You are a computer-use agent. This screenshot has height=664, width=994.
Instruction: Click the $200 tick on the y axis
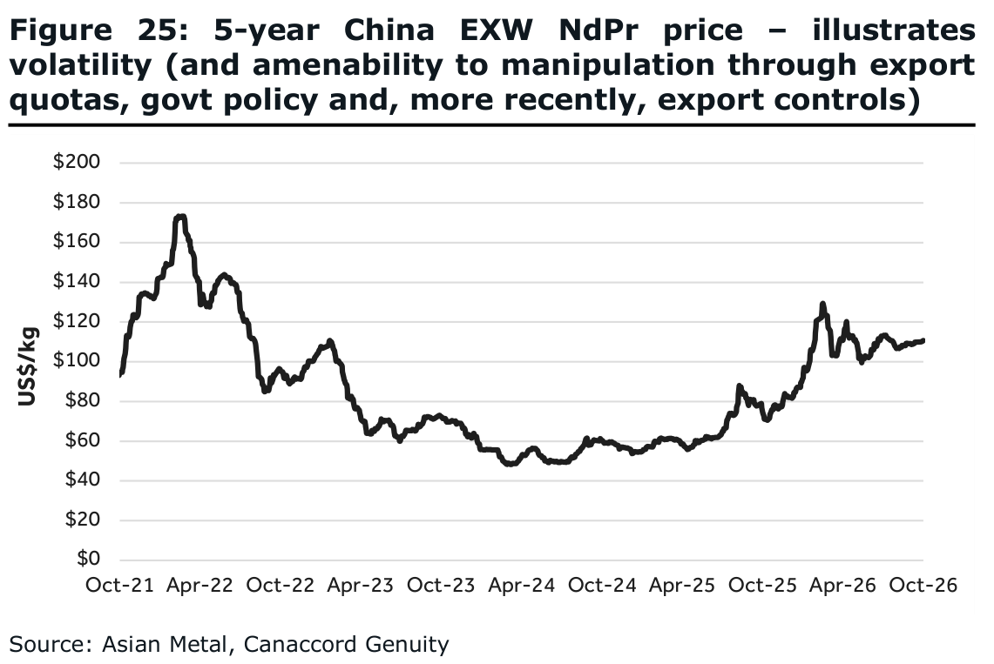click(77, 161)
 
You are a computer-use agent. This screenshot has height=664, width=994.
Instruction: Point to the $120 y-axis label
click(77, 320)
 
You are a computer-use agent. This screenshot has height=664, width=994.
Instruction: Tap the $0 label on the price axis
click(89, 559)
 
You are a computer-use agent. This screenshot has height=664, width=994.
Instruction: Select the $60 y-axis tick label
click(83, 439)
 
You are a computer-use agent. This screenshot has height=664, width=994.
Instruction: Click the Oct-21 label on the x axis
click(120, 585)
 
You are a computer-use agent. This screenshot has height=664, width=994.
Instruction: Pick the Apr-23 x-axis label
click(360, 585)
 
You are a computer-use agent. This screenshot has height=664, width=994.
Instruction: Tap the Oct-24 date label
click(602, 585)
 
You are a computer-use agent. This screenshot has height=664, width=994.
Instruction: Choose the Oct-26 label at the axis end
click(923, 585)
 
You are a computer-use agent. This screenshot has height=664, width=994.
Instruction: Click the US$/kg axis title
click(27, 366)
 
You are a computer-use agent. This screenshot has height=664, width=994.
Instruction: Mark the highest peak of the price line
click(180, 217)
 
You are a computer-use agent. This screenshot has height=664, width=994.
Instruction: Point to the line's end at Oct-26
click(923, 340)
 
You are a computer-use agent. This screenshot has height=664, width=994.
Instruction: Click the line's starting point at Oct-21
click(120, 375)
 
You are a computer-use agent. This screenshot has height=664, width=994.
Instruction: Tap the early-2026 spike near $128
click(823, 305)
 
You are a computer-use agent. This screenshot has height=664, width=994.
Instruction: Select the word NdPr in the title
click(598, 30)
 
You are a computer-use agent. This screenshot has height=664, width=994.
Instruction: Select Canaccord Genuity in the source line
click(346, 644)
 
